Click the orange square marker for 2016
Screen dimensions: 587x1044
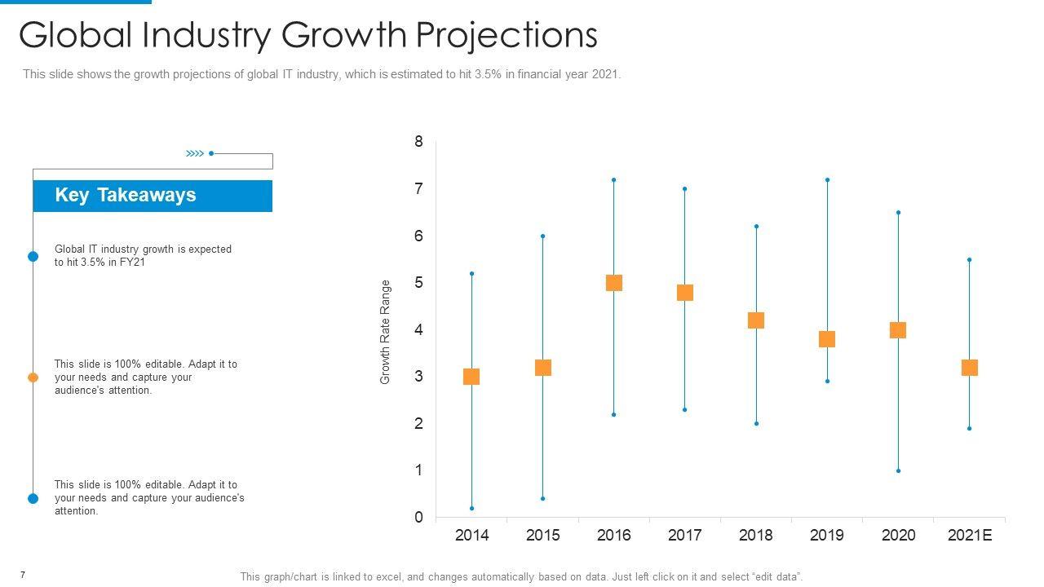pyautogui.click(x=614, y=283)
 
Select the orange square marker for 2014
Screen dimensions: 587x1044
pyautogui.click(x=471, y=377)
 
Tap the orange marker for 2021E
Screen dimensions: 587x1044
pyautogui.click(x=969, y=368)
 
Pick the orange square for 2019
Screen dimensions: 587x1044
pyautogui.click(x=827, y=339)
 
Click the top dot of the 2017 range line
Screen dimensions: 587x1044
pyautogui.click(x=684, y=188)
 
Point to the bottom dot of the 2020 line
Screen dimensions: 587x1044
pyautogui.click(x=898, y=470)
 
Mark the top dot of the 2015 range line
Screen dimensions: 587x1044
pyautogui.click(x=542, y=236)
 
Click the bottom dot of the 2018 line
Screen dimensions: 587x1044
pyautogui.click(x=756, y=424)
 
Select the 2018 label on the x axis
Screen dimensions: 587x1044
pyautogui.click(x=756, y=536)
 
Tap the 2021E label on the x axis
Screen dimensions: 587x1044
pyautogui.click(x=970, y=536)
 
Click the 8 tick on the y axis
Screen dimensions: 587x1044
pyautogui.click(x=419, y=142)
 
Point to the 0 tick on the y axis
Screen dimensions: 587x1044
pyautogui.click(x=419, y=518)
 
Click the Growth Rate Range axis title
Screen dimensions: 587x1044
pyautogui.click(x=386, y=332)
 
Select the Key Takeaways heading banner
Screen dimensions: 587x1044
pyautogui.click(x=153, y=196)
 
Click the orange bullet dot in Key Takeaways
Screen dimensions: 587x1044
pyautogui.click(x=33, y=377)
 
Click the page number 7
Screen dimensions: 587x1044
pyautogui.click(x=23, y=576)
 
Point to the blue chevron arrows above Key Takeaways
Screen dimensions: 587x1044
pyautogui.click(x=194, y=153)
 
